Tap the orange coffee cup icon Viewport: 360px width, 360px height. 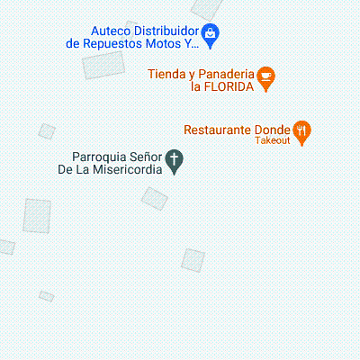pyautogui.click(x=265, y=78)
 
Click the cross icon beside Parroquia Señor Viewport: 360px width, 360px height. pyautogui.click(x=175, y=162)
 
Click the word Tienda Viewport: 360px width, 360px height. pyautogui.click(x=167, y=74)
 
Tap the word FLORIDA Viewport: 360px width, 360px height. pyautogui.click(x=228, y=87)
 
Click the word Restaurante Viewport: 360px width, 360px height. pyautogui.click(x=218, y=129)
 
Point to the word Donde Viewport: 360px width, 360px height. pyautogui.click(x=273, y=129)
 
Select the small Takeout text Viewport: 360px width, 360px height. pyautogui.click(x=273, y=140)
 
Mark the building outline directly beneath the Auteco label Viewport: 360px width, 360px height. pyautogui.click(x=103, y=64)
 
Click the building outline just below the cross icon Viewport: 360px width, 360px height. pyautogui.click(x=155, y=198)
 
